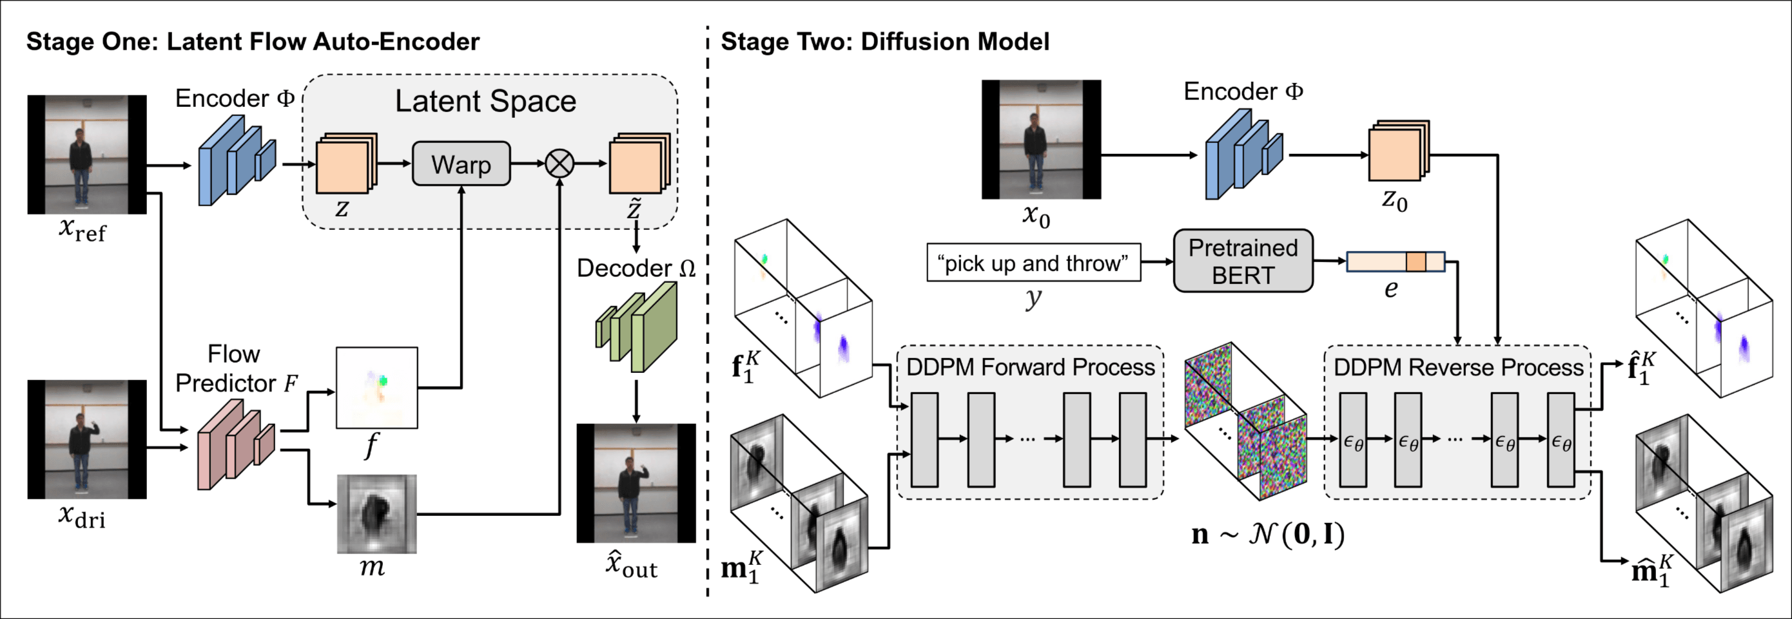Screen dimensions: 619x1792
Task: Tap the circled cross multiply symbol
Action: point(560,164)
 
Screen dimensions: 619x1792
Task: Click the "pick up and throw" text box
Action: point(1033,263)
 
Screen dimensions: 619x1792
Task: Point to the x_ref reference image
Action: point(87,155)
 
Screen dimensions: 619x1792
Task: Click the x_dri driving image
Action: point(87,439)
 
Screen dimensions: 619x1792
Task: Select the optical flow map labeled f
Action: point(376,387)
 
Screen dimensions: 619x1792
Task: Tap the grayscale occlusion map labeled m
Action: point(376,513)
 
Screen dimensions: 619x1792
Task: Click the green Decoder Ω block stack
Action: point(636,327)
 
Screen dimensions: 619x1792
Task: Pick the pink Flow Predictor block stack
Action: point(235,448)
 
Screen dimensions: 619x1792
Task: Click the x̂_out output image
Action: point(636,482)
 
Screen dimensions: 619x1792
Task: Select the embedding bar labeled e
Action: point(1395,262)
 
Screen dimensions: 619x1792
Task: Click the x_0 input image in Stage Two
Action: point(1040,139)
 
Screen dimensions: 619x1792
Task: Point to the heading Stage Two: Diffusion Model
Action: point(884,42)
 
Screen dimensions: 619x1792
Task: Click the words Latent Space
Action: point(485,102)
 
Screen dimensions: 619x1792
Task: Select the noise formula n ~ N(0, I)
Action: point(1267,533)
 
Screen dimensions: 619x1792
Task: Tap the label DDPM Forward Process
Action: point(1030,367)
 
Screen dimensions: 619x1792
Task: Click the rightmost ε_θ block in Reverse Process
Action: point(1561,439)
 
